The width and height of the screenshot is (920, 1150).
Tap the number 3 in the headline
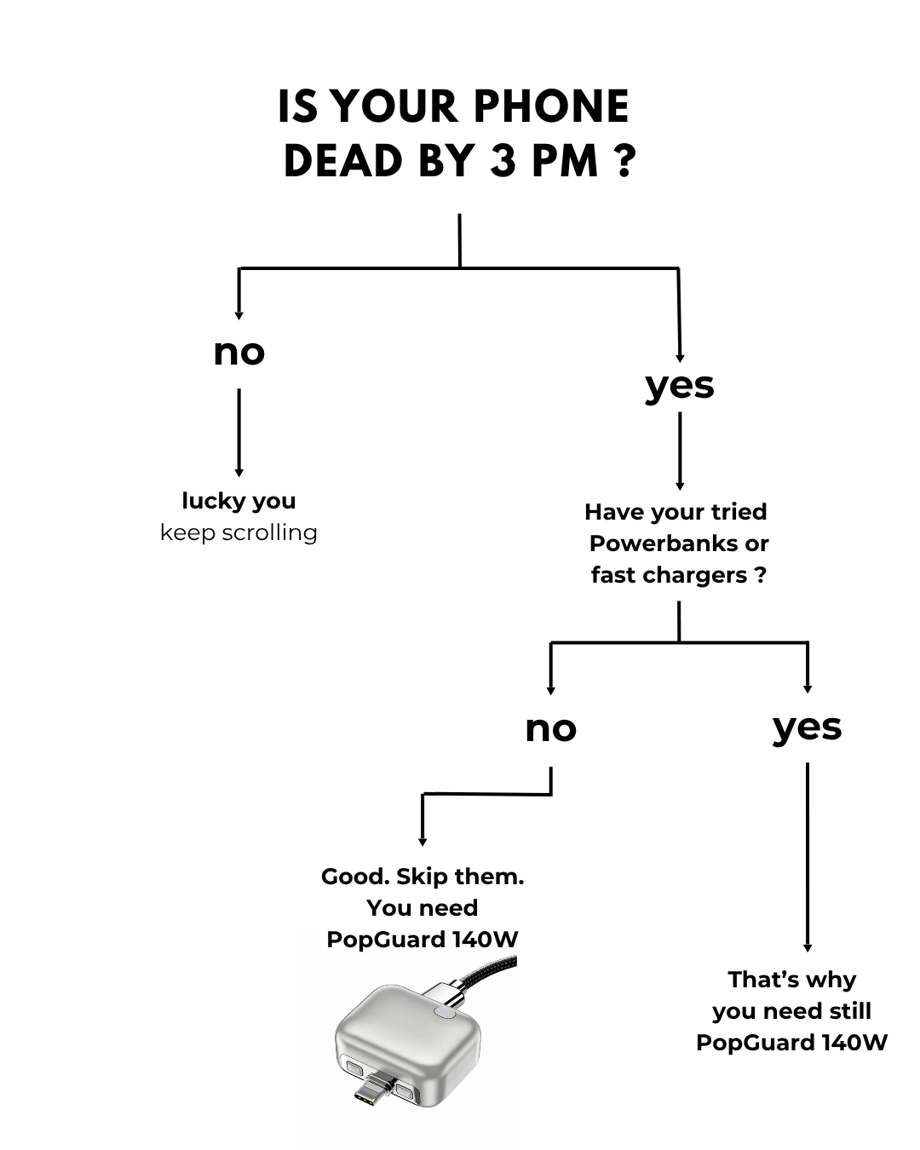[503, 160]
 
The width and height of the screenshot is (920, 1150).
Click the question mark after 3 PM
[624, 160]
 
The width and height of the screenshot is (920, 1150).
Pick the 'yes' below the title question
[679, 387]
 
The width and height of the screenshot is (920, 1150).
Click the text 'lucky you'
[239, 501]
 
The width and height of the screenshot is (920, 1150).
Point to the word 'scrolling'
[269, 532]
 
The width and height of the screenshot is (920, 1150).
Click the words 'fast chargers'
[669, 575]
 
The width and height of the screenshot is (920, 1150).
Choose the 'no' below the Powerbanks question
[551, 729]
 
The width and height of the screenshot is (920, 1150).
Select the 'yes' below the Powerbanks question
[808, 728]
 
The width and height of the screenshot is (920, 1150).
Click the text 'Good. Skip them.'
[423, 877]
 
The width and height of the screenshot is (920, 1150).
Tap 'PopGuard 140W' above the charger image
[423, 940]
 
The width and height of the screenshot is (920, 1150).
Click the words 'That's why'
[791, 980]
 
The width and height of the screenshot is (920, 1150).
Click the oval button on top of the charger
[444, 1012]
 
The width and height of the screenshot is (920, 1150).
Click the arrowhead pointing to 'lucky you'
[239, 473]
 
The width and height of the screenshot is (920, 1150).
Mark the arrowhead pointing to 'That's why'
[808, 948]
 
